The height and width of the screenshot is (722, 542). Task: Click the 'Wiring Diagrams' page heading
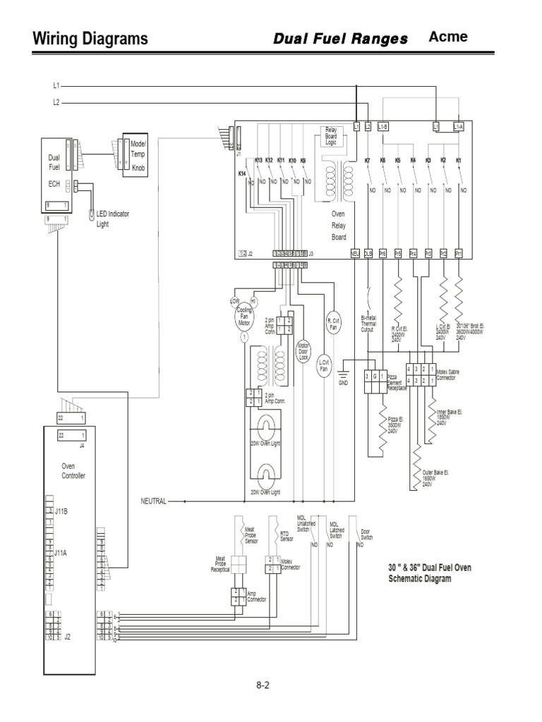90,39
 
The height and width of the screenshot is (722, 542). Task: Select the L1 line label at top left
56,85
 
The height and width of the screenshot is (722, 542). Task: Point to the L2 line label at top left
56,102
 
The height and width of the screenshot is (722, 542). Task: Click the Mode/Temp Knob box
134,154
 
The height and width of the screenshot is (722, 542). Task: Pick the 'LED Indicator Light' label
113,218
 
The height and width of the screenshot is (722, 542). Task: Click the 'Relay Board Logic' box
331,135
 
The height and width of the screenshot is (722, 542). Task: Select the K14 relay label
241,173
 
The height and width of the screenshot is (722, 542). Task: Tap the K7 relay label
367,161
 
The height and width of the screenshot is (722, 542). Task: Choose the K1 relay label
459,161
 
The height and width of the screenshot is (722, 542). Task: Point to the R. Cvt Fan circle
333,323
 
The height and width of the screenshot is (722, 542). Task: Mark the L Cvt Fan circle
324,367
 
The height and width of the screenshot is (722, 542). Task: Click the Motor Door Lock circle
303,352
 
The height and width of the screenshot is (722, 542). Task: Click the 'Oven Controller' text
73,470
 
